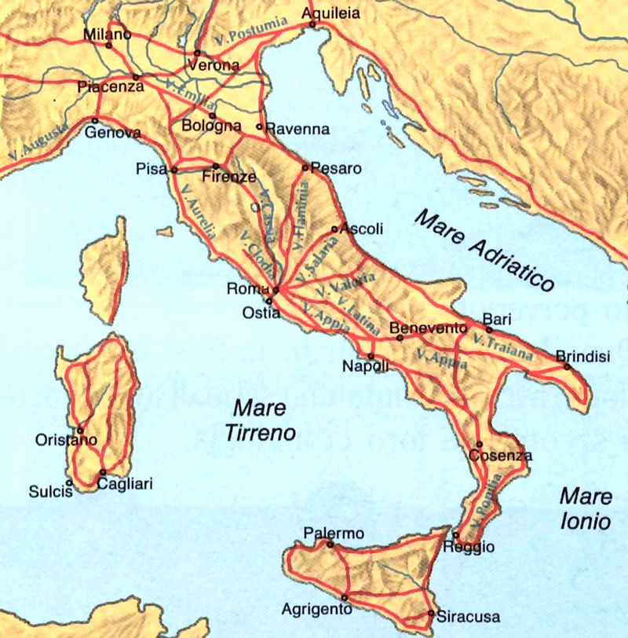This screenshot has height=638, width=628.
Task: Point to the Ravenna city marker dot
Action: point(259,126)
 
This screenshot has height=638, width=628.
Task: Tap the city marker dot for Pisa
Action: point(174,170)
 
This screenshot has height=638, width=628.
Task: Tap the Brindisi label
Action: point(582,355)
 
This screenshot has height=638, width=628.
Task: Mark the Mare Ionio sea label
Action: point(586,508)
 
